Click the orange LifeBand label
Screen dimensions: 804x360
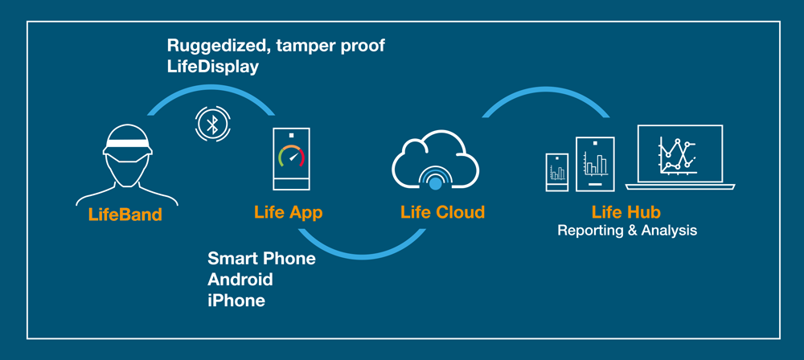[125, 214]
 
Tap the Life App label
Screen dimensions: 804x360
[288, 212]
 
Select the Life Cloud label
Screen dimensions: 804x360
[442, 212]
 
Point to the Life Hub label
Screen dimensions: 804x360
[626, 212]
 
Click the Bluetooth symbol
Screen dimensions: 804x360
[211, 124]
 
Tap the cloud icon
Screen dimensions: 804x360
[435, 161]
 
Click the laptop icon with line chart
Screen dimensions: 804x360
[680, 157]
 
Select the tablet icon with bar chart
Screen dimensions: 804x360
[595, 164]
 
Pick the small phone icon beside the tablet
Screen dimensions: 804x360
[557, 172]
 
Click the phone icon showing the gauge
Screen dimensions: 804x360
[291, 159]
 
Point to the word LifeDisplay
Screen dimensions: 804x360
[212, 67]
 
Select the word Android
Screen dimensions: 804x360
[240, 280]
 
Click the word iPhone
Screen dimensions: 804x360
[236, 301]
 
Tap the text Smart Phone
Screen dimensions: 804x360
[261, 258]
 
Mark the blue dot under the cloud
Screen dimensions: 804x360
[435, 184]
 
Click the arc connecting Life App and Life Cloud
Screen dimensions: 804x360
[362, 255]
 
